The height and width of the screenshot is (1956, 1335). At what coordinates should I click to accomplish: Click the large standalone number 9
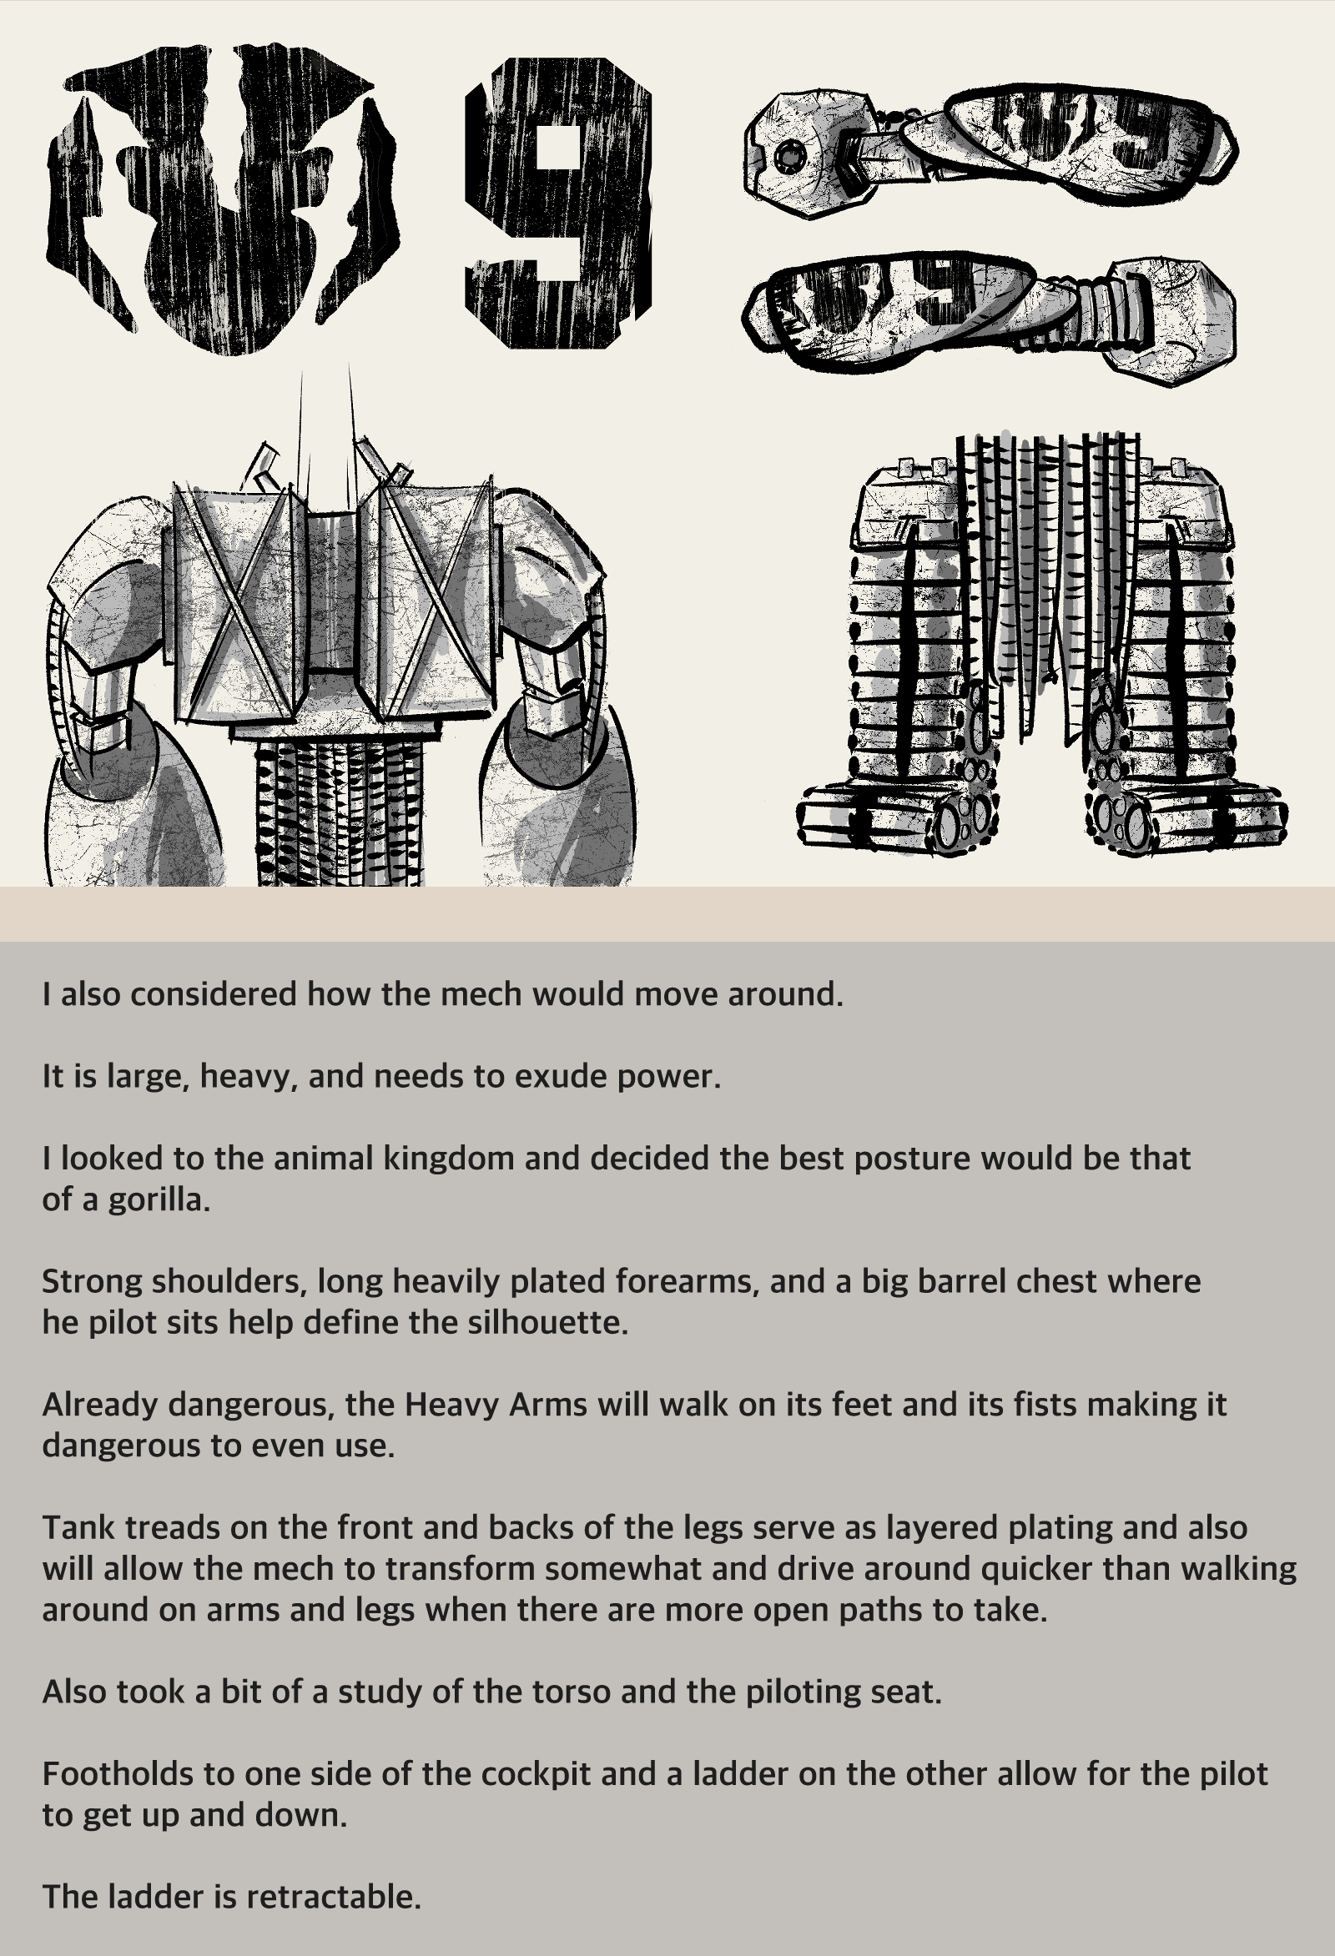[x=559, y=202]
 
